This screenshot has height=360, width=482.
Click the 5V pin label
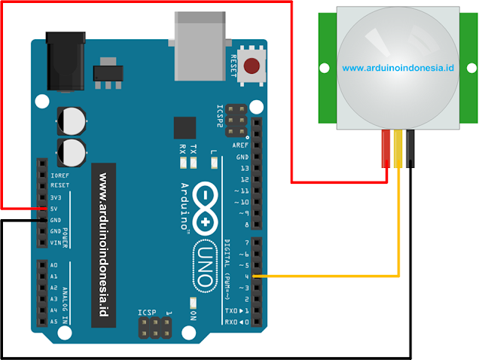(x=54, y=208)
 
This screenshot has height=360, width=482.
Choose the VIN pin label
(x=55, y=242)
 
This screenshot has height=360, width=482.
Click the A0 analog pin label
(x=53, y=265)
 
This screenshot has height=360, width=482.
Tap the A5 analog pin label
(x=53, y=322)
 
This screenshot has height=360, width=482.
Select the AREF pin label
(x=240, y=145)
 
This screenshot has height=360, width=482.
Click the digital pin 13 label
(x=243, y=168)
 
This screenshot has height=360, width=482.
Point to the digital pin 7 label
(x=245, y=243)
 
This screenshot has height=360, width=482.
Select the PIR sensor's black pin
(x=410, y=146)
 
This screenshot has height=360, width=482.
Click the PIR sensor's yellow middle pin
(x=398, y=146)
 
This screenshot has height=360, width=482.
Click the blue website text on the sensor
(x=398, y=68)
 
